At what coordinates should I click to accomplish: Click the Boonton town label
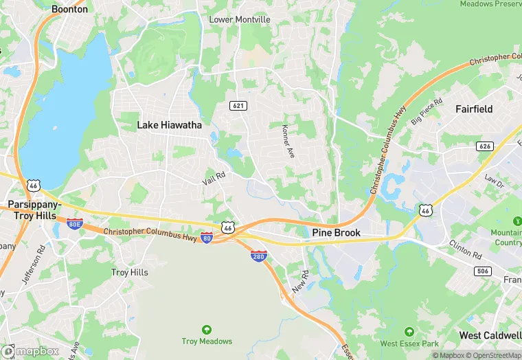point(70,10)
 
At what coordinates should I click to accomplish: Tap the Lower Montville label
point(240,20)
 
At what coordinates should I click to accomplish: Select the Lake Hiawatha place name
point(169,125)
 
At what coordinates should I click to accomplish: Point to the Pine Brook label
point(337,233)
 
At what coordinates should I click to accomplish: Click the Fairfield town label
point(474,109)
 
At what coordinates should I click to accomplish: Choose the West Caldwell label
point(490,335)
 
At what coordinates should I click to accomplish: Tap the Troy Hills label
point(130,273)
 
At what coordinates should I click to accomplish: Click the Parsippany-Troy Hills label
point(34,210)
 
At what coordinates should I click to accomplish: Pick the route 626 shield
point(485,146)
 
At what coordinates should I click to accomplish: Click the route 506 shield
point(483,271)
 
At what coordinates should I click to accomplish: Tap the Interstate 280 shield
point(258,256)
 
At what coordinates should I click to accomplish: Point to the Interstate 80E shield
point(75,224)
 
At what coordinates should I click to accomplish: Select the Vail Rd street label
point(214,177)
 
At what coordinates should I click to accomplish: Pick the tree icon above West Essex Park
point(409,332)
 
